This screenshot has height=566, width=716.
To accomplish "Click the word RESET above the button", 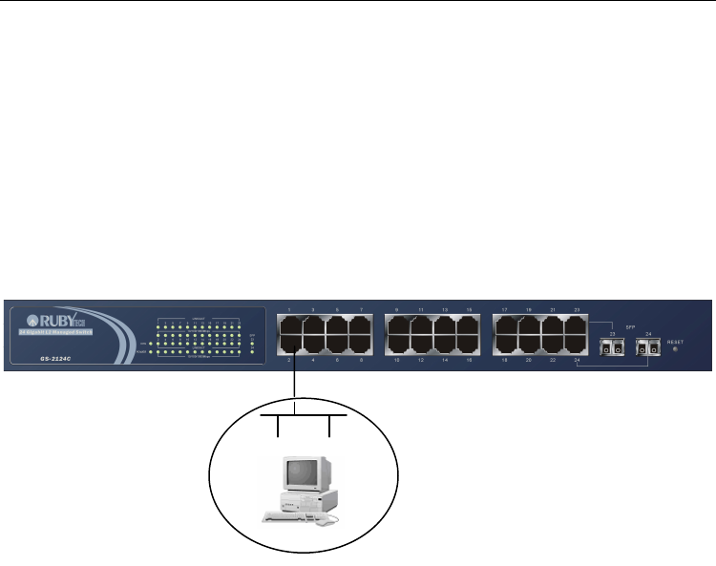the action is coord(676,340).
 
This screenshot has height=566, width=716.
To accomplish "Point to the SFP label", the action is coord(629,326).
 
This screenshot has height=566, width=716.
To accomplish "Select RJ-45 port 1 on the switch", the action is coord(288,325).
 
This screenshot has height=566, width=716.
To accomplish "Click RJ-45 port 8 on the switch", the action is coord(361,346).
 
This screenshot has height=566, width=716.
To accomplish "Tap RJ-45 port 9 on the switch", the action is coord(397,325).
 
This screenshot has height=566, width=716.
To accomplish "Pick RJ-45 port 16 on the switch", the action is coord(469,346).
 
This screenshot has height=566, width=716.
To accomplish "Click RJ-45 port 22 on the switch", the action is coord(553,346).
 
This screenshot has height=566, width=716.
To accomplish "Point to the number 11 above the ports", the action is coord(421,311).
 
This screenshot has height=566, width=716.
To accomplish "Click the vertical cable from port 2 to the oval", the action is coord(296,387).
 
